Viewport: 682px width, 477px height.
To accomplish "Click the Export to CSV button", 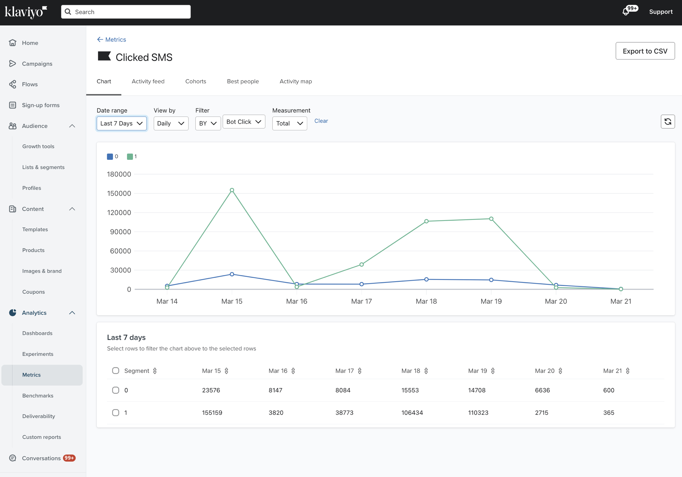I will click(645, 51).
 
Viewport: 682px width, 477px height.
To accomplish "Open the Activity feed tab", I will click(148, 81).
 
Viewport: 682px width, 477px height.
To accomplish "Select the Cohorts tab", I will click(196, 81).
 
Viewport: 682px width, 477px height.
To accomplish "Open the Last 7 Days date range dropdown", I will click(122, 123).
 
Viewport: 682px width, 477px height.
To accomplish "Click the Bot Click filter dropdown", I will click(244, 122).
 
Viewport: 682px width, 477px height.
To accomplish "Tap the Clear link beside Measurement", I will click(321, 121).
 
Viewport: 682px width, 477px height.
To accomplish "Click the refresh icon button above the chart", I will click(668, 122).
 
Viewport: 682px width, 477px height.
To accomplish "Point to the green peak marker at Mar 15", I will click(232, 190).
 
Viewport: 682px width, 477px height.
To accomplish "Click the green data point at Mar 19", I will click(491, 219).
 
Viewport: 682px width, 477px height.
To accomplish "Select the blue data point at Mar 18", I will click(426, 279).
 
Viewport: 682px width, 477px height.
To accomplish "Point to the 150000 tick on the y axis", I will click(119, 193).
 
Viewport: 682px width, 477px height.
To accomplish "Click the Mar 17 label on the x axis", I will click(361, 301).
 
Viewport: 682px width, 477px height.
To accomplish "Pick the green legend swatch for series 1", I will click(130, 156).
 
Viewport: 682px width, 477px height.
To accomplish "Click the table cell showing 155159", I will click(212, 413).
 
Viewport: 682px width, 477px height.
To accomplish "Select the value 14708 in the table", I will click(477, 390).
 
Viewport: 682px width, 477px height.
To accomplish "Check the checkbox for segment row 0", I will click(116, 390).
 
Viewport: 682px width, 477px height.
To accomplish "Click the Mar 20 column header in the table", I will click(545, 371).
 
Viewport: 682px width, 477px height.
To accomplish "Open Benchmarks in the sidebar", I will click(38, 396).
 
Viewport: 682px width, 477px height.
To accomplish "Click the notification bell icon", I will click(626, 12).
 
